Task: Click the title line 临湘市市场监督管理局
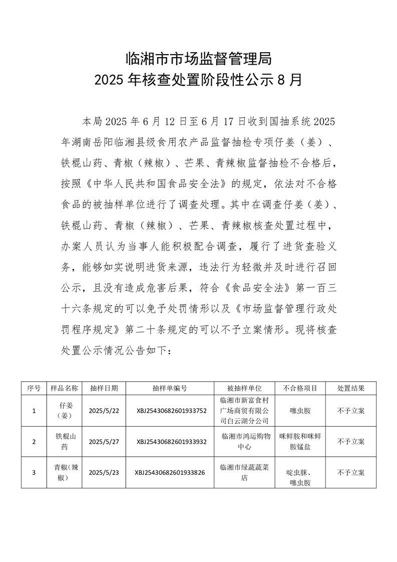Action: (198, 59)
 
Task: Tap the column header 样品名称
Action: (64, 388)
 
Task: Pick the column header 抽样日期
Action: (104, 388)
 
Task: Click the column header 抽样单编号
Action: (170, 388)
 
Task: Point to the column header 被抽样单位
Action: (245, 388)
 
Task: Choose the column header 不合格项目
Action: (300, 388)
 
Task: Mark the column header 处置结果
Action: (350, 388)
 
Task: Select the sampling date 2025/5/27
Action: (104, 442)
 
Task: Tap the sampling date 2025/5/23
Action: (104, 472)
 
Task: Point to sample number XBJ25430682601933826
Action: (170, 472)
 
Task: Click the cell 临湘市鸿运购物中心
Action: (245, 441)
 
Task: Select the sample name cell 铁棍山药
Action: (64, 441)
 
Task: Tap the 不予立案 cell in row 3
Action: (350, 472)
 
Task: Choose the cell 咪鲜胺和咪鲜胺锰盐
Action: (300, 441)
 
